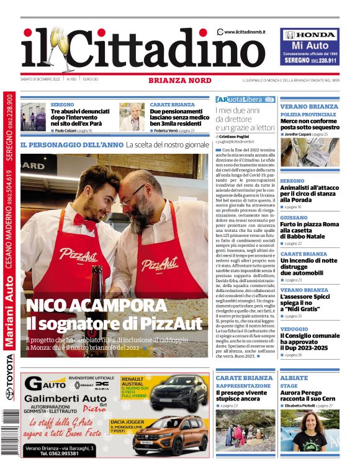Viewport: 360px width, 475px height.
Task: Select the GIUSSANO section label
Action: click(295, 218)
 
